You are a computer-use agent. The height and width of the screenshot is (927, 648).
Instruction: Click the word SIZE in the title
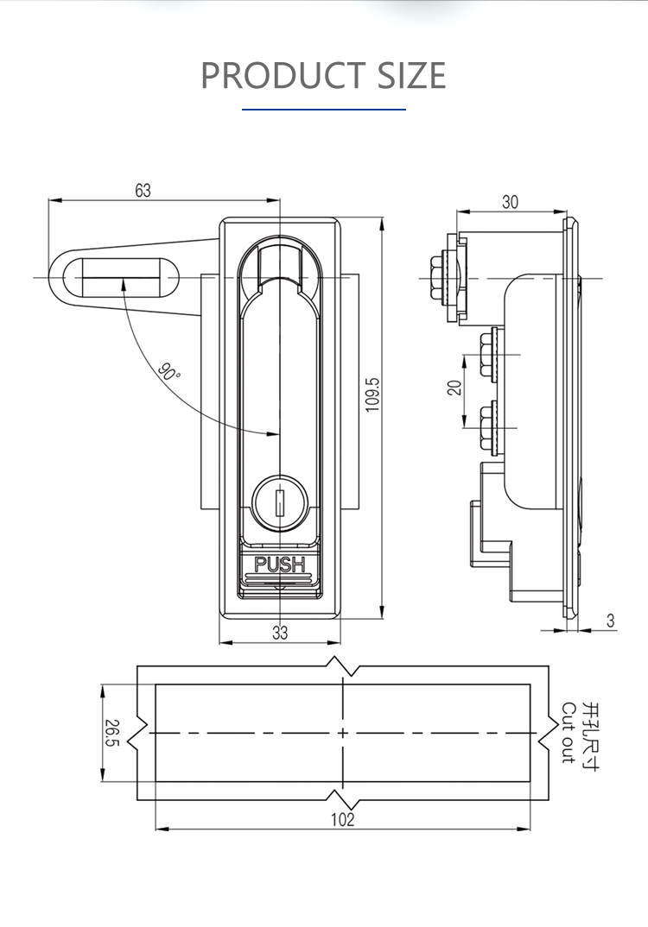pyautogui.click(x=411, y=76)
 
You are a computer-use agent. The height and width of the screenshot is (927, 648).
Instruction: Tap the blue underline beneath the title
pyautogui.click(x=323, y=110)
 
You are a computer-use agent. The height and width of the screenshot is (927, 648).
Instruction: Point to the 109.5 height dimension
pyautogui.click(x=372, y=394)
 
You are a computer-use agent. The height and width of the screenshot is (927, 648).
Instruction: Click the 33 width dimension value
pyautogui.click(x=280, y=633)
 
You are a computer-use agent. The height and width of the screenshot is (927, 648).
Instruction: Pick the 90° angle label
pyautogui.click(x=169, y=373)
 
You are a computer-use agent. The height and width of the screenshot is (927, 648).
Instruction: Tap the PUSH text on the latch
pyautogui.click(x=279, y=565)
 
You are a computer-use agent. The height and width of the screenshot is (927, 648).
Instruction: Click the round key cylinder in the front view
pyautogui.click(x=279, y=501)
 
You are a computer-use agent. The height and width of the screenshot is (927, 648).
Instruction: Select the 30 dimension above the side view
pyautogui.click(x=510, y=202)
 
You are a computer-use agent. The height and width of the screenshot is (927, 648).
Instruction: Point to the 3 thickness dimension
pyautogui.click(x=611, y=621)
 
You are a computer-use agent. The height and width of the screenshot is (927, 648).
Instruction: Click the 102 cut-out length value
pyautogui.click(x=342, y=820)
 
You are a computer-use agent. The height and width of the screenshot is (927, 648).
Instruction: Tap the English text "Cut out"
pyautogui.click(x=568, y=733)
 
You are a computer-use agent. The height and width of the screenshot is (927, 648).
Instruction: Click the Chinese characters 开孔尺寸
pyautogui.click(x=590, y=733)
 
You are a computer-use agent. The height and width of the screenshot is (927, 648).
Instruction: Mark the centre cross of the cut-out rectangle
pyautogui.click(x=343, y=733)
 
